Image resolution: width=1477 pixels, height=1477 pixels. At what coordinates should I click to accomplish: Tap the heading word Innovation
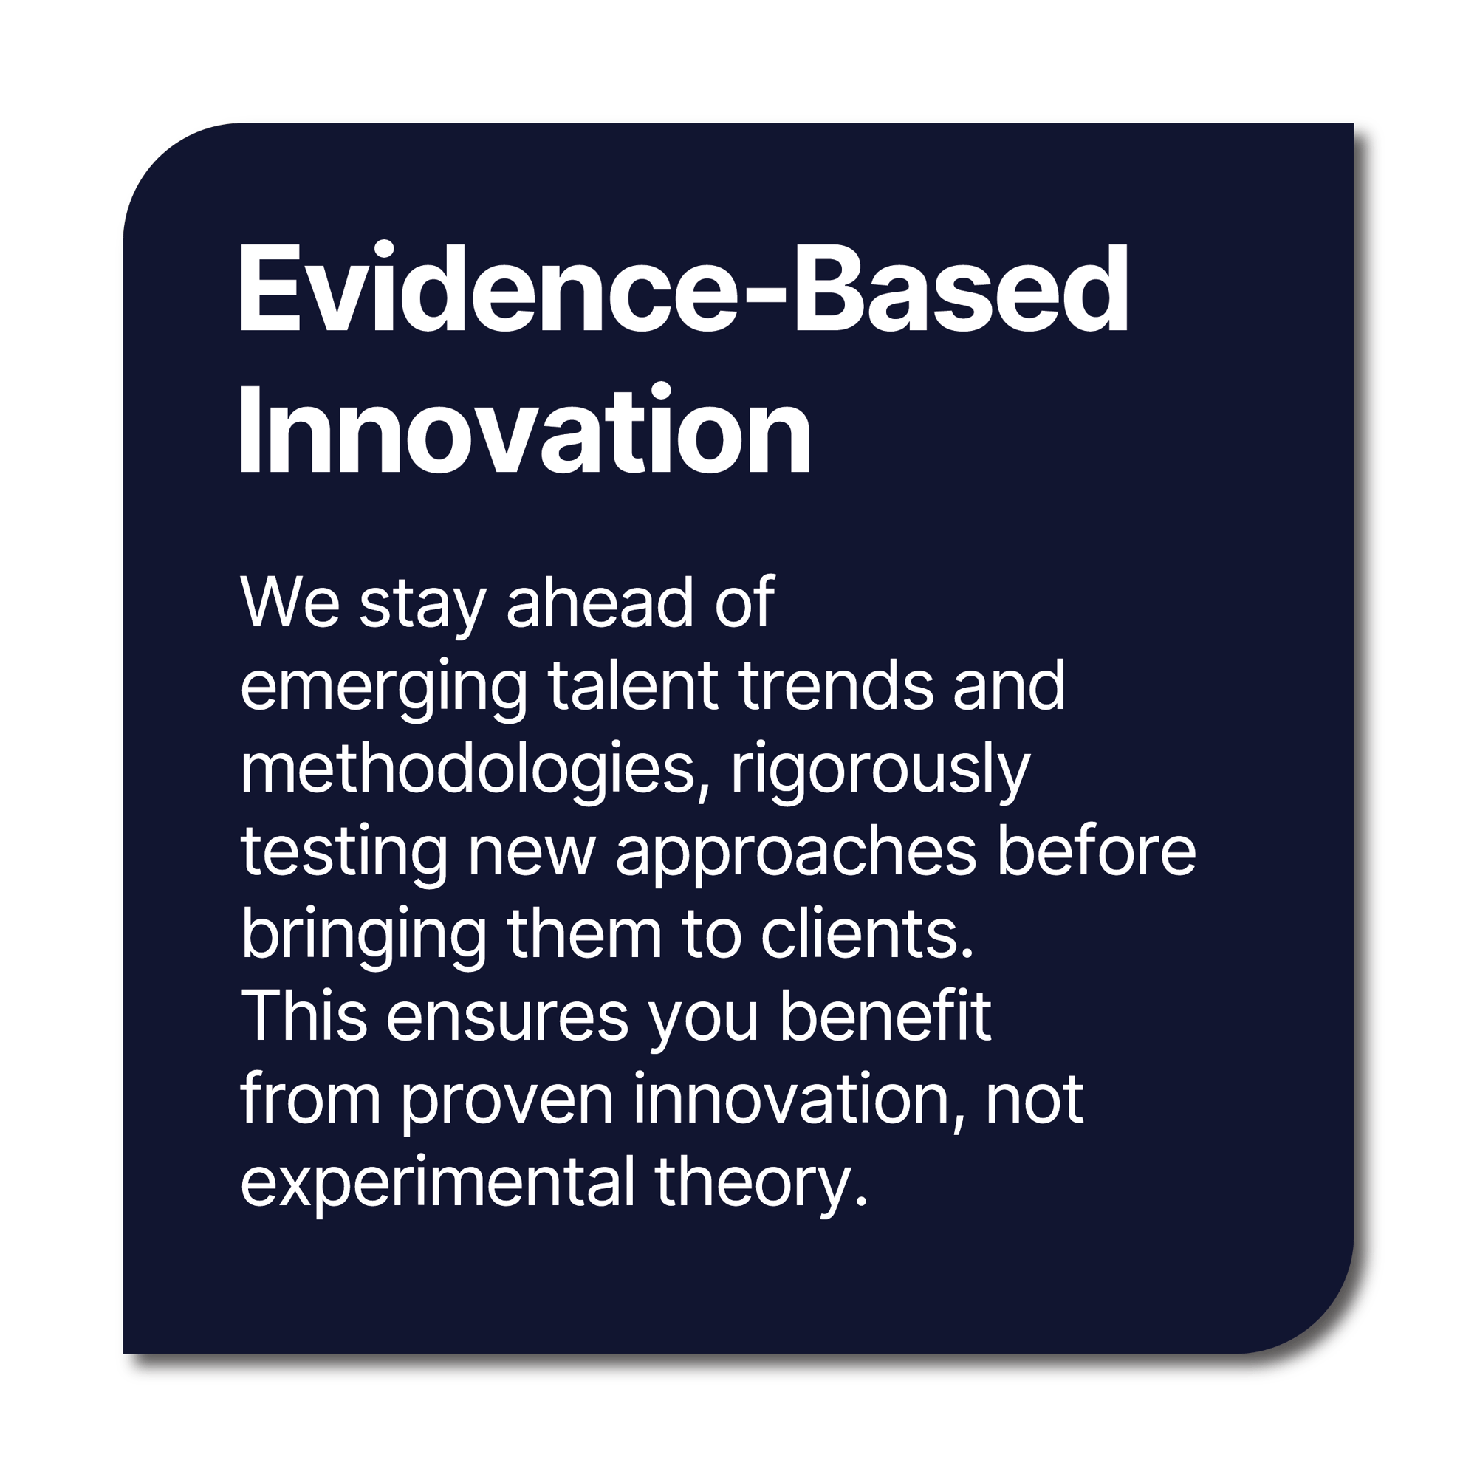(524, 432)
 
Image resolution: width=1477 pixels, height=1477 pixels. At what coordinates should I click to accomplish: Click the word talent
(632, 685)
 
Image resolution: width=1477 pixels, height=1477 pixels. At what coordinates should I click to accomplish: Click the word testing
(344, 853)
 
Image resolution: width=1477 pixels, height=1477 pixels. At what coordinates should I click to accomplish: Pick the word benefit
(885, 1018)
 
